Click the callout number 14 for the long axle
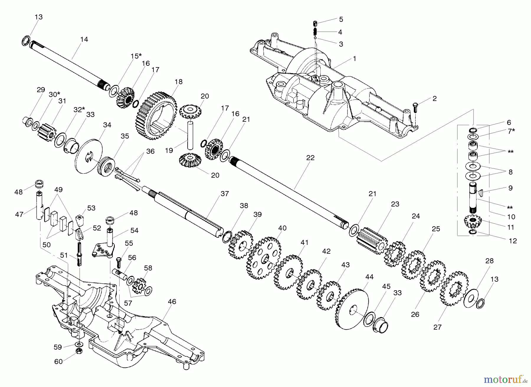[84, 39]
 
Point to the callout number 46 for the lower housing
[172, 301]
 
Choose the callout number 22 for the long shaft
[310, 158]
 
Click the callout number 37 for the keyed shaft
[225, 194]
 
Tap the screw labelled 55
[119, 262]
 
